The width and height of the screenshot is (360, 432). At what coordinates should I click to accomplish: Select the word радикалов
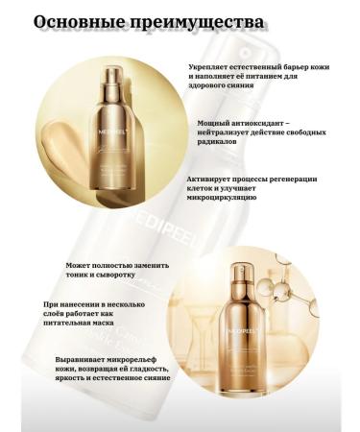coord(211,143)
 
